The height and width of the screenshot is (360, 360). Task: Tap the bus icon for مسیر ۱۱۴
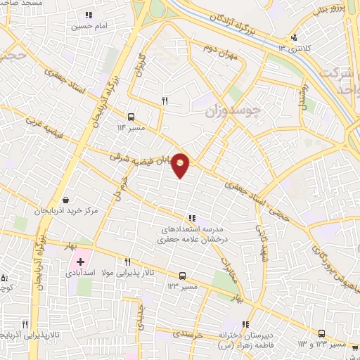click(x=131, y=117)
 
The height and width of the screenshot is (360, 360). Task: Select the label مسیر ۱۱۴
click(x=131, y=127)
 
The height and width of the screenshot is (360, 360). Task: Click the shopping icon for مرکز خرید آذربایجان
click(x=65, y=200)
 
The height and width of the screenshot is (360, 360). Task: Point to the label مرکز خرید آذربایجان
click(x=65, y=210)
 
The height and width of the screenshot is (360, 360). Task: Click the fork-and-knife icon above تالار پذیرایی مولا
click(x=127, y=261)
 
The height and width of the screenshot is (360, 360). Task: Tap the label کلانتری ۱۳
click(x=293, y=48)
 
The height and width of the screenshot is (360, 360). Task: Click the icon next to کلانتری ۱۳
click(x=293, y=37)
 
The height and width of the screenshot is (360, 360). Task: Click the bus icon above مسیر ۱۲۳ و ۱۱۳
click(x=321, y=334)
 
